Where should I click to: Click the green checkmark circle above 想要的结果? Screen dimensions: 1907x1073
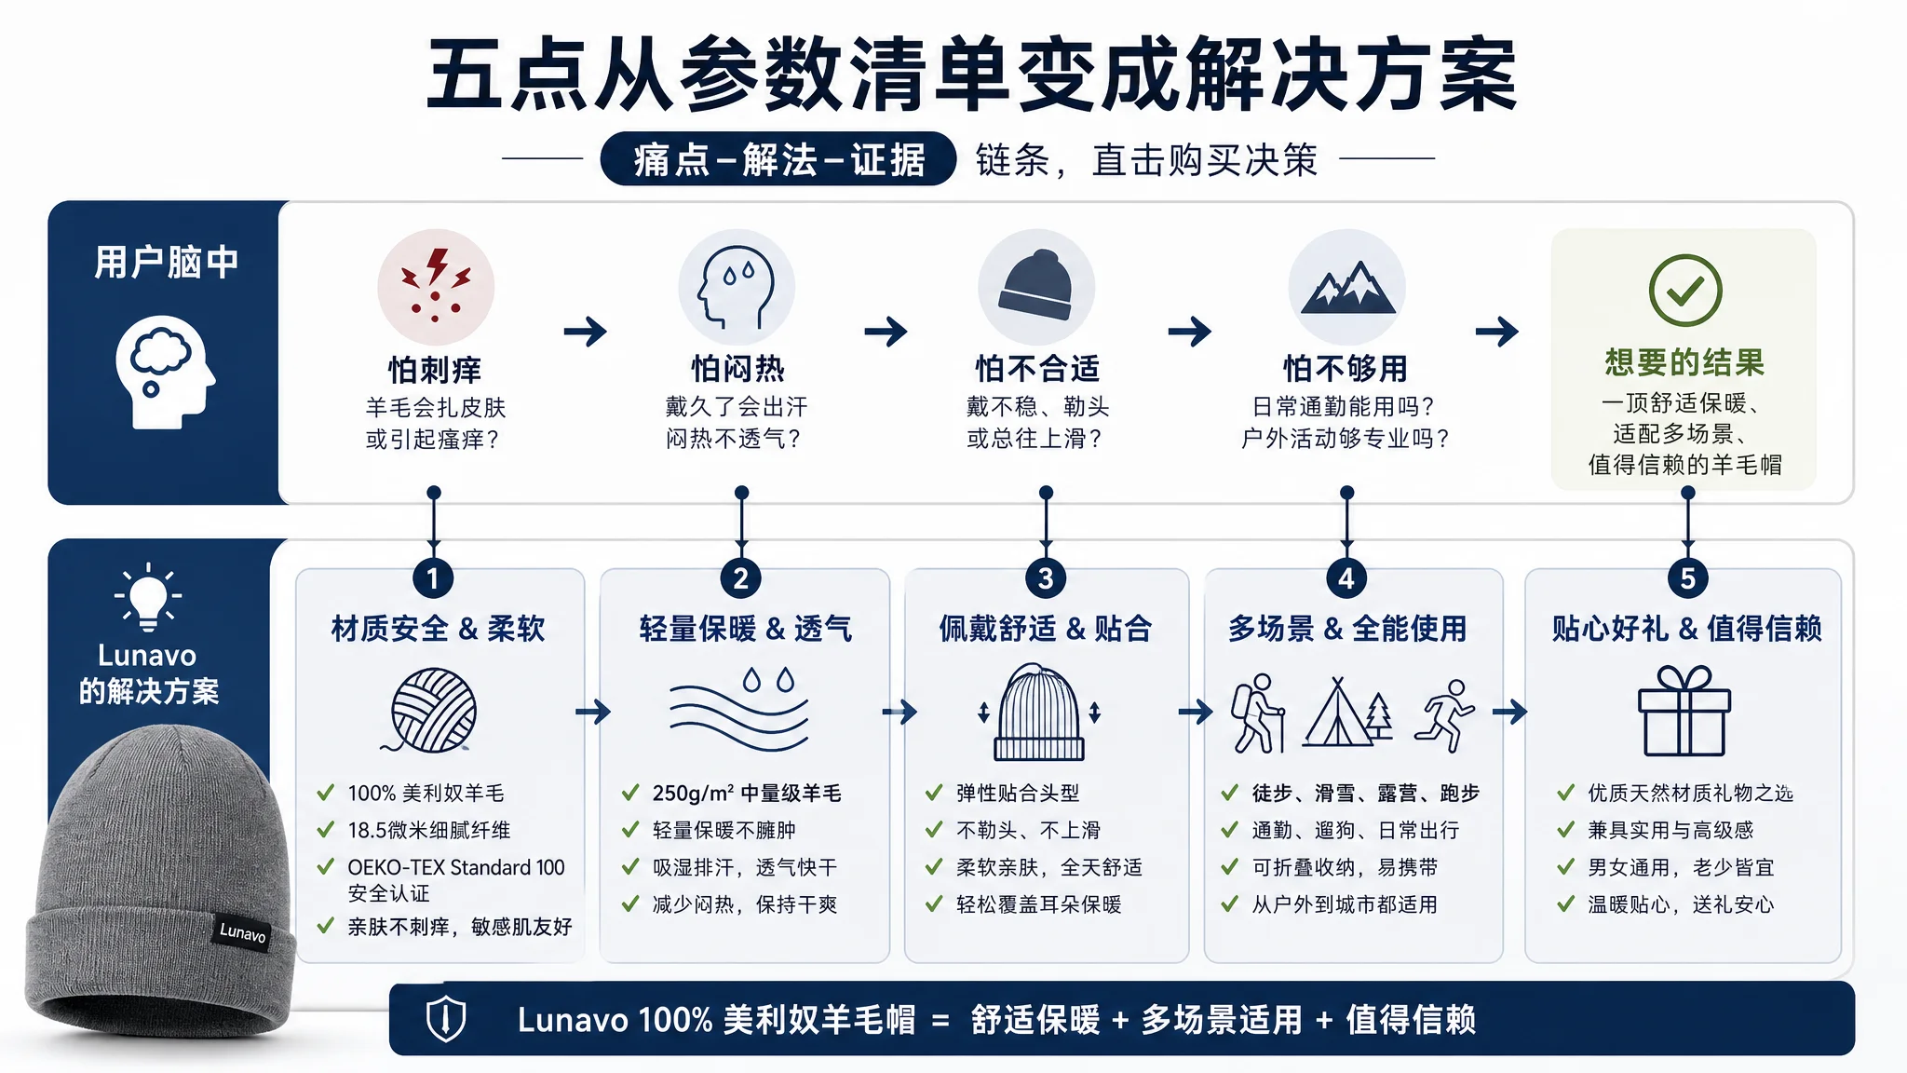[1685, 290]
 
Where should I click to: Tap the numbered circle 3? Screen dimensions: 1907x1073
[1046, 578]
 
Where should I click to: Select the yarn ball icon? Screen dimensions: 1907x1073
[432, 710]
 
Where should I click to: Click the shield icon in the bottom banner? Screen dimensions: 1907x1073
[446, 1018]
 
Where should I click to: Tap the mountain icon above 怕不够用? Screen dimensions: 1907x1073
[1347, 287]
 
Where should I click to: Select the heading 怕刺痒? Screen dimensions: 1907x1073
[435, 370]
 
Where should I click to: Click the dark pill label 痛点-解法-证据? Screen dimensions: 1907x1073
[778, 159]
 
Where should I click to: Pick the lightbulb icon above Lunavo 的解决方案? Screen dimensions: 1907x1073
[148, 596]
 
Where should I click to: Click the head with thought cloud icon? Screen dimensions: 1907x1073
[165, 372]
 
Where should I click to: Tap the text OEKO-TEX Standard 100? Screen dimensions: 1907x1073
[456, 867]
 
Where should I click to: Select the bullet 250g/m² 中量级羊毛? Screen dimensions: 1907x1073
[747, 793]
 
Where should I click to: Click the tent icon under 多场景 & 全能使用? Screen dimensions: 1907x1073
[1347, 713]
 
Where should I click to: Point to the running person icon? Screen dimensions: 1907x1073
[1444, 714]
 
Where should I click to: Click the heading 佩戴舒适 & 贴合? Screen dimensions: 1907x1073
[1046, 629]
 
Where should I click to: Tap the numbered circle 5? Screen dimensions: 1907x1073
[1687, 578]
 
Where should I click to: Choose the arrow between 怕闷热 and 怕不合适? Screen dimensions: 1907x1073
[886, 331]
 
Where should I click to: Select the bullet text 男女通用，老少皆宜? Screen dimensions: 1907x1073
[1681, 867]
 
